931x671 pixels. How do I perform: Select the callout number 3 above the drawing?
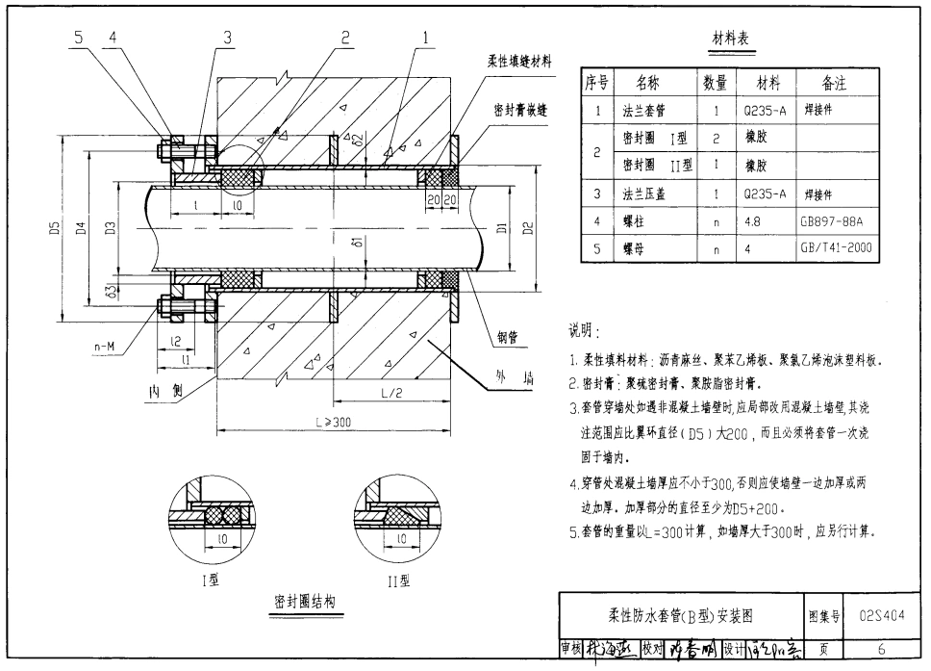pyautogui.click(x=229, y=38)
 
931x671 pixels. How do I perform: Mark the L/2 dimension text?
pyautogui.click(x=390, y=393)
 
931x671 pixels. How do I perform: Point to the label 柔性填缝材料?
pyautogui.click(x=519, y=62)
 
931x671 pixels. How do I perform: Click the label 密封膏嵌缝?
pyautogui.click(x=520, y=111)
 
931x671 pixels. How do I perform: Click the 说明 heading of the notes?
pyautogui.click(x=585, y=332)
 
